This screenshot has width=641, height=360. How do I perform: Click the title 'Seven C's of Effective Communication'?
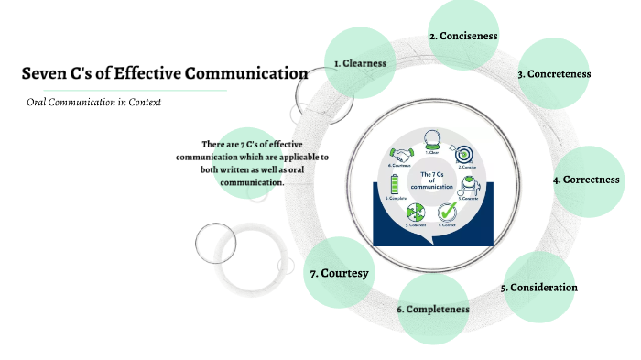pos(164,73)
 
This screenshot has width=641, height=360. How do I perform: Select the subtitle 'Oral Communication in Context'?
pos(93,103)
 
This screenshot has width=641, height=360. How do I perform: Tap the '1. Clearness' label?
pos(360,63)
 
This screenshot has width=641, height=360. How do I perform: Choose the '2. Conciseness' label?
pos(463,37)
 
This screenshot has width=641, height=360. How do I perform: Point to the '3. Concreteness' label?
pos(554,73)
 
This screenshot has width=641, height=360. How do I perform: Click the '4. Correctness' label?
pos(586,180)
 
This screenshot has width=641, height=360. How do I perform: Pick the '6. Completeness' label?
pos(433,310)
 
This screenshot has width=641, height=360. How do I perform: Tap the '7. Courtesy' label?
pos(339,274)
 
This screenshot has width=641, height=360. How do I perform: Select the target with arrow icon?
pos(464,154)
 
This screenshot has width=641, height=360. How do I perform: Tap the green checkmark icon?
pos(447,213)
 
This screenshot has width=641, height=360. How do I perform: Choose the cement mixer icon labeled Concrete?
pos(467,186)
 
